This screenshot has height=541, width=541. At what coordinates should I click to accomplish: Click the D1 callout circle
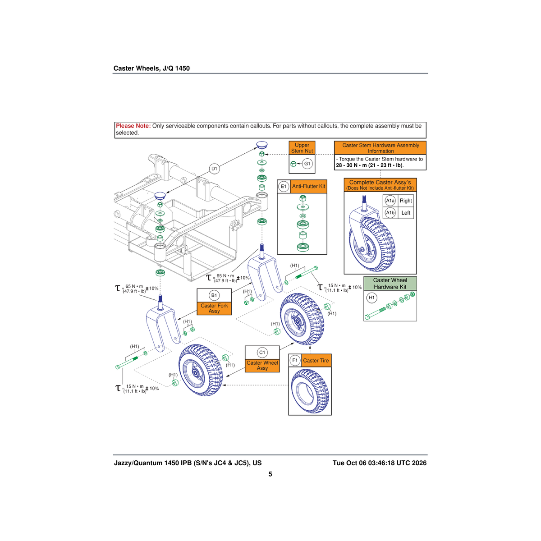coord(214,169)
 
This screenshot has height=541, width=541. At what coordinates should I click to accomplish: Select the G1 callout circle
coord(307,164)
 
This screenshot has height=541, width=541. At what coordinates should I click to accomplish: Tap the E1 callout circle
coord(284,186)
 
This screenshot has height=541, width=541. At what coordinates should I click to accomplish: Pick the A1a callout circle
coord(390,201)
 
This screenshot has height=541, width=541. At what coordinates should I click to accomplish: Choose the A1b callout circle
coord(390,213)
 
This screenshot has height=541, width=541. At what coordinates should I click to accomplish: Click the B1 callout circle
coord(214,295)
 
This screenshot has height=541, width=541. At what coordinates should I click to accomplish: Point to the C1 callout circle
coord(262,353)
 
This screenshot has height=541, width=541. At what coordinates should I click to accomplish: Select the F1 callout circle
coord(295,361)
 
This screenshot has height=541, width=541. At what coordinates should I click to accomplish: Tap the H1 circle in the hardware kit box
coord(371,298)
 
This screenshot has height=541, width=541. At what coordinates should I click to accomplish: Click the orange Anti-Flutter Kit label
coord(308,186)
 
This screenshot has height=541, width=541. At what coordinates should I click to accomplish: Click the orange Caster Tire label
coord(316,361)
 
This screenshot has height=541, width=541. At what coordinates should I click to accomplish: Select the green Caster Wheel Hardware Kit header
coord(390,284)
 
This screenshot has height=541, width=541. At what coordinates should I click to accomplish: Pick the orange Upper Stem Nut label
coord(302,148)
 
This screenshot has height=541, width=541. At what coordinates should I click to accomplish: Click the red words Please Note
coord(133,126)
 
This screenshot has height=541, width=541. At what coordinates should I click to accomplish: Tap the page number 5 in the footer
coord(270,474)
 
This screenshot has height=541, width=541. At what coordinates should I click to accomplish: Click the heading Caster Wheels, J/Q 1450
coord(151,68)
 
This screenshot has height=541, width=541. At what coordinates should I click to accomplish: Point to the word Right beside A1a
coord(406,201)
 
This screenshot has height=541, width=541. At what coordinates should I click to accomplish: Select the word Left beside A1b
coord(406,213)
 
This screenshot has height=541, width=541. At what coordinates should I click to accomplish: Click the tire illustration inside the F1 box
coord(310,391)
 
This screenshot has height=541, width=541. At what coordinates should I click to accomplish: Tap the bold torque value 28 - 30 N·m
coord(352,165)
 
